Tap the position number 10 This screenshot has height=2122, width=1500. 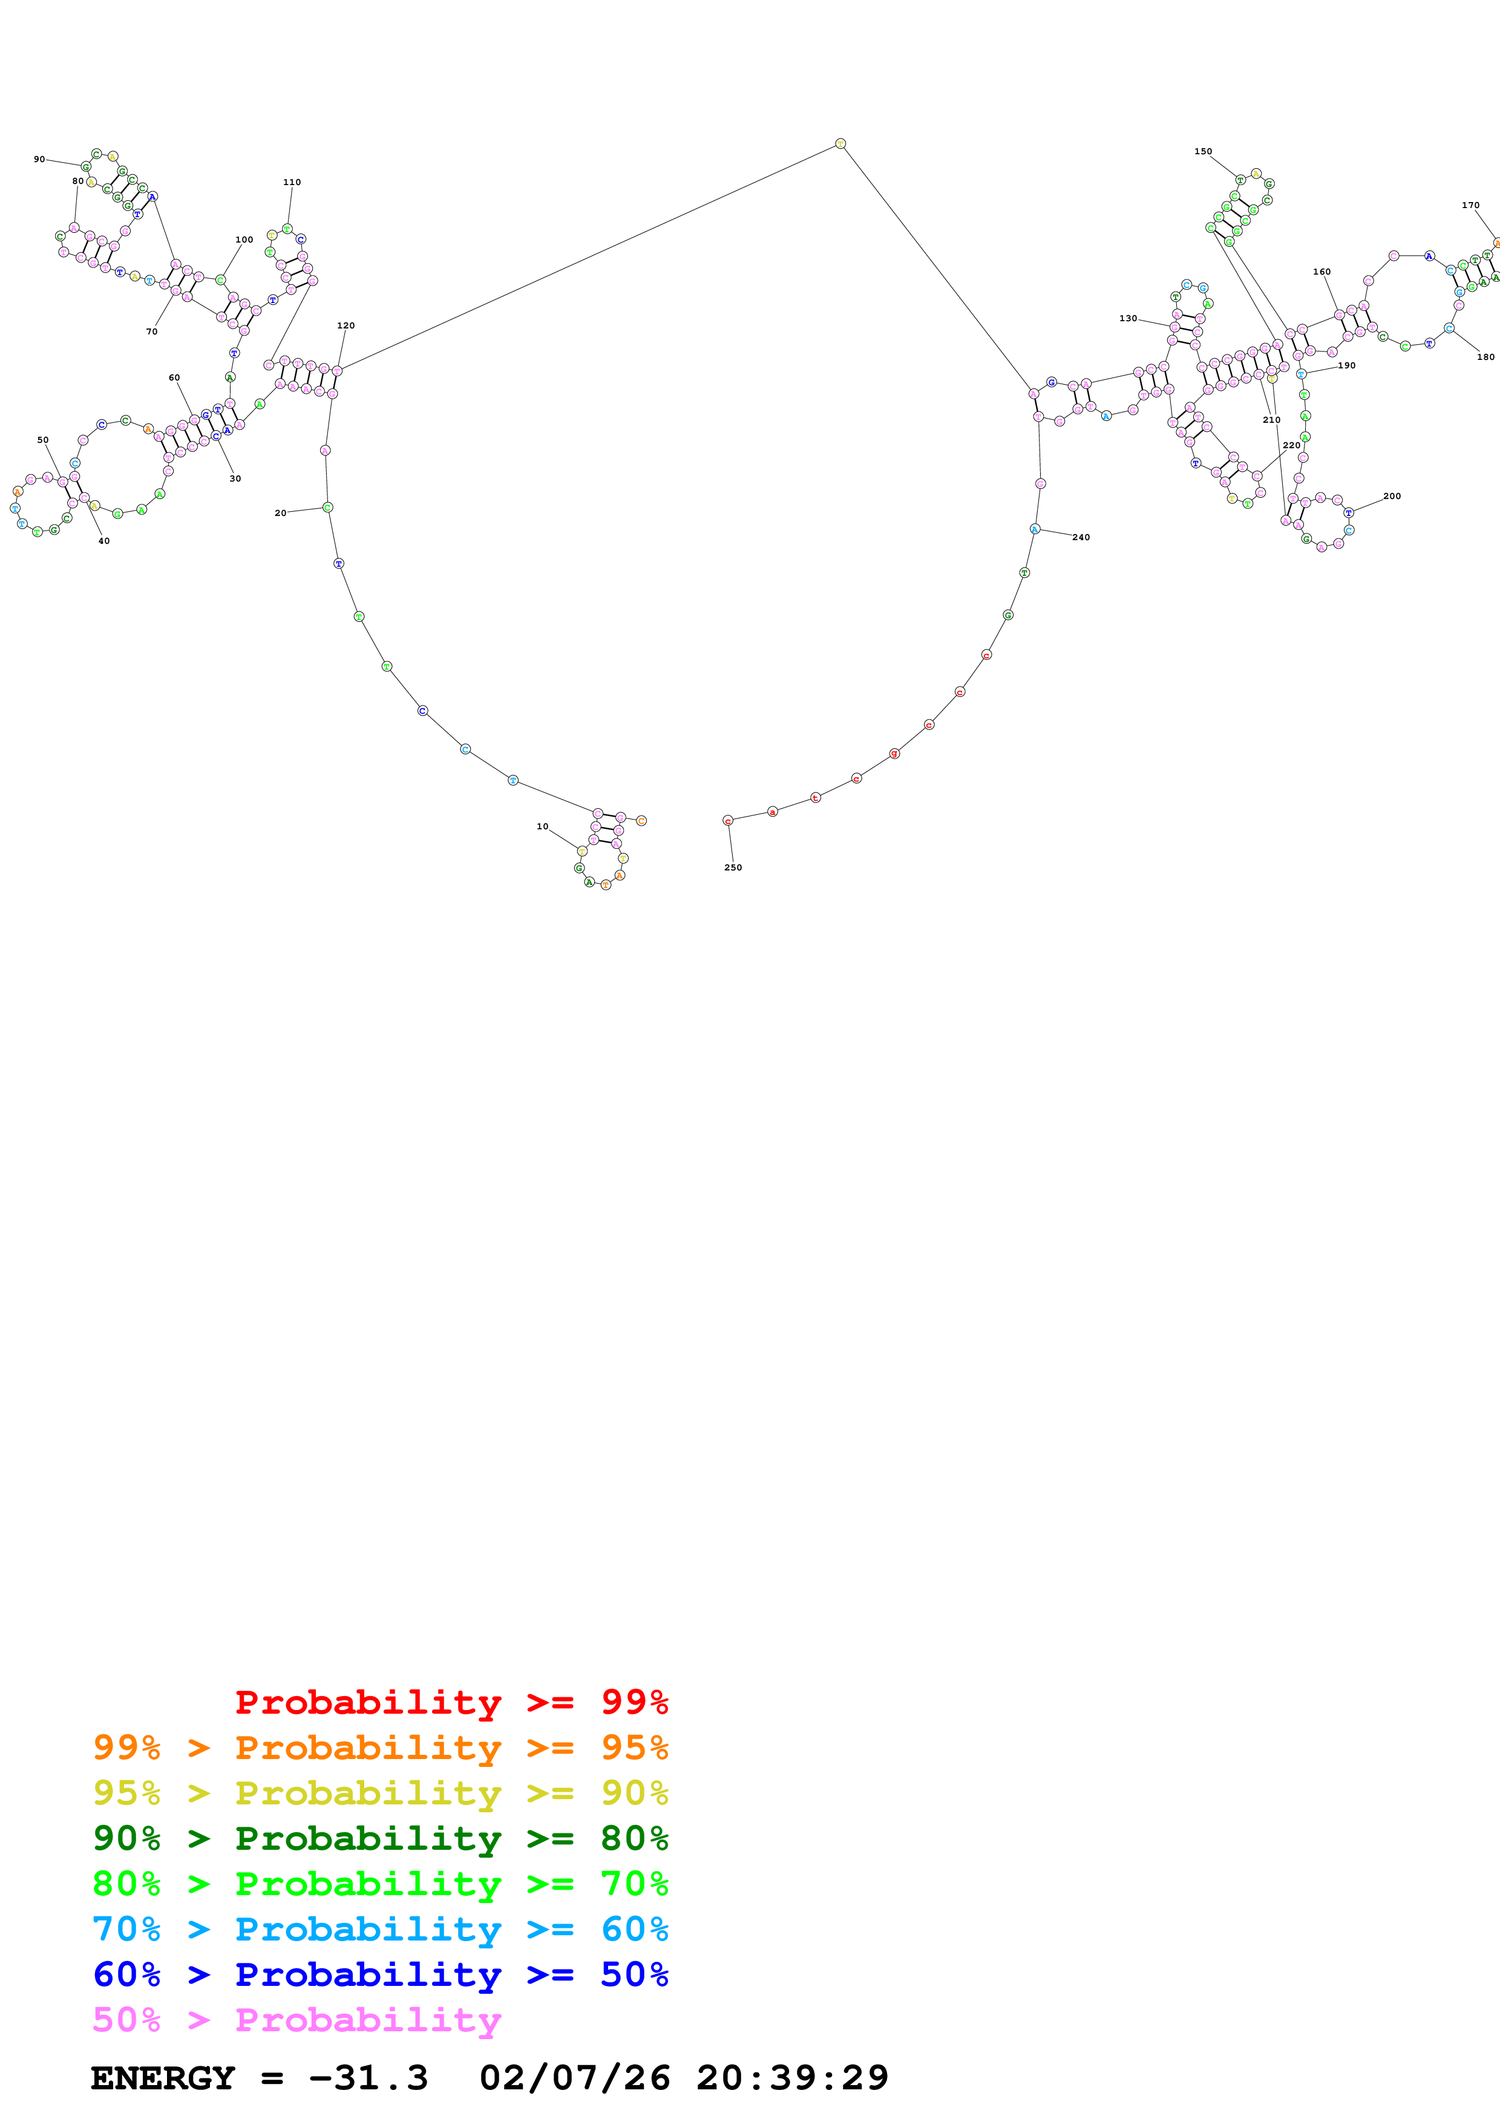coord(543,826)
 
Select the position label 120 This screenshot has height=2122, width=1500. coord(346,325)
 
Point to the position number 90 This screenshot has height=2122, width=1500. coord(39,159)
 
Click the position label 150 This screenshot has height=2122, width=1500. coord(1202,152)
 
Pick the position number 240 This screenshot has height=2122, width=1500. coord(1081,537)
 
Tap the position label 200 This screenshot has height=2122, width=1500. coord(1391,496)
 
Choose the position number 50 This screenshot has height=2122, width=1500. coord(42,440)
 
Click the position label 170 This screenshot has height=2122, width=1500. coord(1470,205)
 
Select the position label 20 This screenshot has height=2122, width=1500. coord(280,513)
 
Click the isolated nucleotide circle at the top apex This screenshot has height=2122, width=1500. coord(840,143)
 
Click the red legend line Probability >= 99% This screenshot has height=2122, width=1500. coord(451,1702)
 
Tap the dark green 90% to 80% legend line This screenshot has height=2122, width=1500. coord(380,1838)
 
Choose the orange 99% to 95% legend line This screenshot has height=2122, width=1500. coord(380,1748)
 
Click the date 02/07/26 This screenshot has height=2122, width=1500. coord(574,2078)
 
